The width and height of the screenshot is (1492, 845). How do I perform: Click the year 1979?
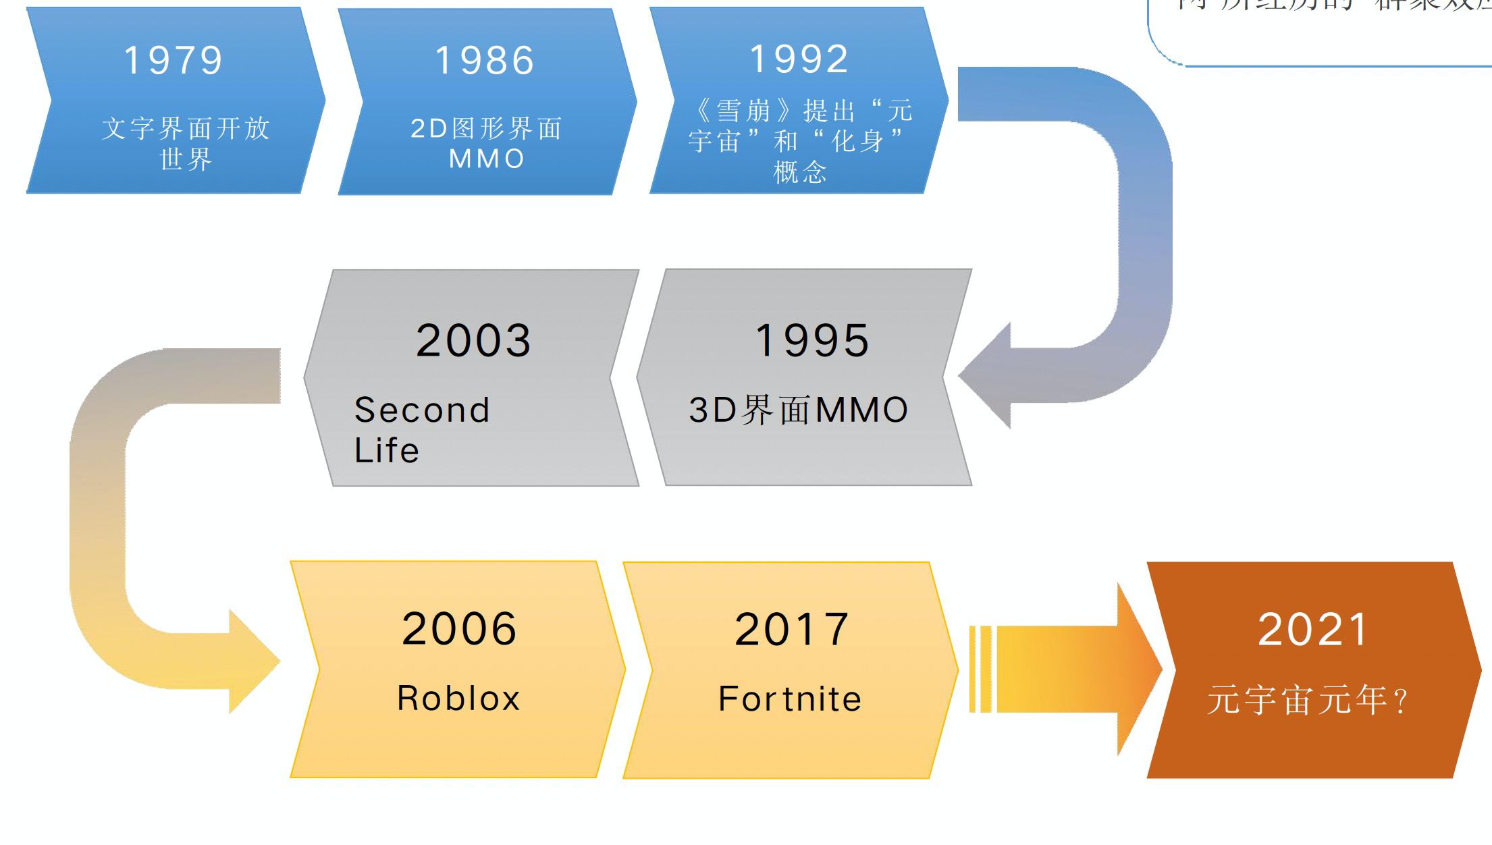(174, 60)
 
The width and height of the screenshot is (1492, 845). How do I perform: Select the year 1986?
(485, 60)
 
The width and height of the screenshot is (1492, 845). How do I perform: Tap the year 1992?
(799, 59)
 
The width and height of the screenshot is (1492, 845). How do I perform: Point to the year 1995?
(812, 340)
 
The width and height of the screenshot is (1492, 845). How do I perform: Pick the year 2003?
(473, 340)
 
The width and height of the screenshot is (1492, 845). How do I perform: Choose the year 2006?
(459, 629)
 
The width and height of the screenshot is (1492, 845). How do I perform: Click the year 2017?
(791, 629)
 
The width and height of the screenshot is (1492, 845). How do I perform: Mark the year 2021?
(1312, 629)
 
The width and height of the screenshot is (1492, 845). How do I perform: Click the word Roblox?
(458, 698)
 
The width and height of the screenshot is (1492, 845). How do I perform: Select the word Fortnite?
(790, 699)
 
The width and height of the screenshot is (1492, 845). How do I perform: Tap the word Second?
(422, 410)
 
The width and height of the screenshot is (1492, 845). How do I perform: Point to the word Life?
(387, 450)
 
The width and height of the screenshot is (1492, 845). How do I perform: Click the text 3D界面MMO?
(798, 410)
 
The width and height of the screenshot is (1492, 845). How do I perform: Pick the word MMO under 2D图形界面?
(486, 159)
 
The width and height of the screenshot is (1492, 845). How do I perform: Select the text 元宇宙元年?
(1307, 700)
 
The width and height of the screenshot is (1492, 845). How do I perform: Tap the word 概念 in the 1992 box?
(800, 172)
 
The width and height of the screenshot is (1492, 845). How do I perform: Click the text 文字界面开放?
(186, 128)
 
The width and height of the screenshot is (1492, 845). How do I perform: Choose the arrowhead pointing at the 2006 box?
(253, 661)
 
